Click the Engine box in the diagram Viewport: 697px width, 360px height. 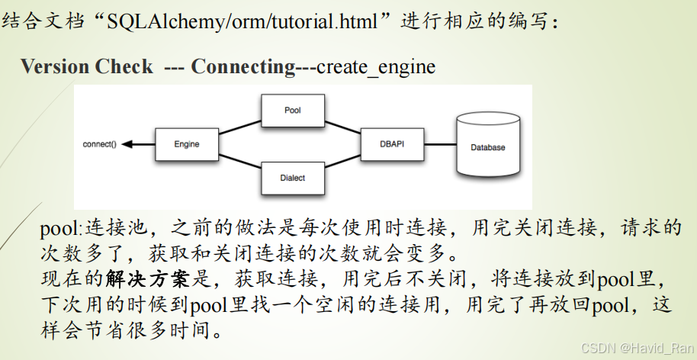187,143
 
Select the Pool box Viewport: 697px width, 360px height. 293,111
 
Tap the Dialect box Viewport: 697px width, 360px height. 293,178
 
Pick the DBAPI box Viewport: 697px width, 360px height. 391,143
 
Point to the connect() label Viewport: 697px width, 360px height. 100,144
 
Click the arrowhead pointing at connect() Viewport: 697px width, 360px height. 127,144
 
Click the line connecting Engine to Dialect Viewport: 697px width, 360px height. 240,161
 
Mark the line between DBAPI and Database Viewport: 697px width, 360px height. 438,144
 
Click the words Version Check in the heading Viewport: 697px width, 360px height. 86,67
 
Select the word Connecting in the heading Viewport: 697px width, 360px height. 243,67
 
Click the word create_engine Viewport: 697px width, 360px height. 376,67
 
